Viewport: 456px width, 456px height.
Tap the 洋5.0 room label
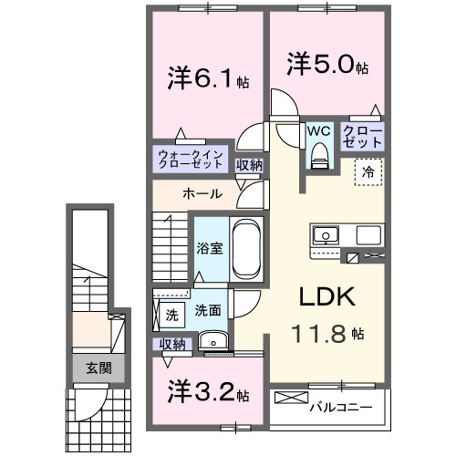tap(329, 66)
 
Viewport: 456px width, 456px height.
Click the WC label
tap(318, 130)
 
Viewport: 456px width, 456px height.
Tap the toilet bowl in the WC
tap(318, 159)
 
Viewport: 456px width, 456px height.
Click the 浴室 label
tap(209, 248)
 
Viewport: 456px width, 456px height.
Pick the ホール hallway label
tap(199, 194)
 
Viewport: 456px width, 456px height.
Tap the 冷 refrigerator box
tap(369, 171)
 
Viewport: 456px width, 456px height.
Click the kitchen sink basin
tap(326, 235)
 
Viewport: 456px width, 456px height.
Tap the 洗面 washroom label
tap(207, 310)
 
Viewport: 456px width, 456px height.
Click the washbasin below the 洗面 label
tap(213, 342)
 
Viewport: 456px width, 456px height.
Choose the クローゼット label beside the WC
tap(363, 137)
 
